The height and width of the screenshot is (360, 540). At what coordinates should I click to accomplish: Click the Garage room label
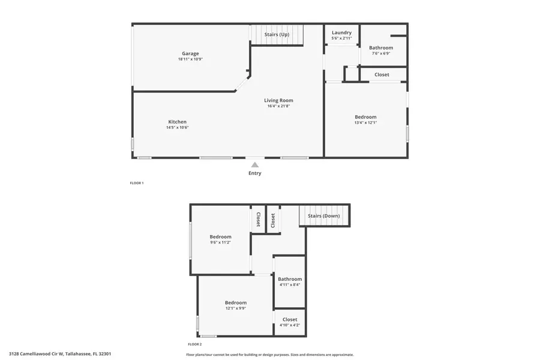click(190, 53)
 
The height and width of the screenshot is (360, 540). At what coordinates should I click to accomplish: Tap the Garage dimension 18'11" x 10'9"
click(190, 59)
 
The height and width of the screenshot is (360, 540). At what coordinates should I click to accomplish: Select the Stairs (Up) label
click(277, 35)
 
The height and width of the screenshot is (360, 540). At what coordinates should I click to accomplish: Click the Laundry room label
click(341, 32)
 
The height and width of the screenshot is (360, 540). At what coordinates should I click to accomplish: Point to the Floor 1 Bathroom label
click(381, 47)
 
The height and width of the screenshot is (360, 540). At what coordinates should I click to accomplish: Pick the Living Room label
click(278, 100)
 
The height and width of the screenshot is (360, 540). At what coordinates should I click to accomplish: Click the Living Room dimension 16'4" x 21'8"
click(278, 106)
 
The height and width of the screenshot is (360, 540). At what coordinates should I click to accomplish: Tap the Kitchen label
click(177, 122)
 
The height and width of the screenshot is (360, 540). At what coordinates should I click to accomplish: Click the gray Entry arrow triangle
click(255, 164)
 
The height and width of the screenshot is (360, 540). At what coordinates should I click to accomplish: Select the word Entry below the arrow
click(255, 173)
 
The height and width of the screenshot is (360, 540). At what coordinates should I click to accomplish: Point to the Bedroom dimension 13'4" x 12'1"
click(365, 123)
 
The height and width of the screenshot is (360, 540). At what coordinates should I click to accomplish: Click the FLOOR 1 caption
click(137, 183)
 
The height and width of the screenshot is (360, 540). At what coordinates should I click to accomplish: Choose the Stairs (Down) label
click(324, 215)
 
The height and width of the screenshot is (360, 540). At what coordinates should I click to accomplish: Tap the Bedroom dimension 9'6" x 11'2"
click(220, 242)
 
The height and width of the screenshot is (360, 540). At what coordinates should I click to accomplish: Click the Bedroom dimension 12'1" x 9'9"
click(236, 308)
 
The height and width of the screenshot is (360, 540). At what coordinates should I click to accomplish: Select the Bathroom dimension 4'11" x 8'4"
click(290, 285)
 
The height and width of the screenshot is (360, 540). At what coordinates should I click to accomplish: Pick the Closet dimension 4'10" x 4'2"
click(290, 325)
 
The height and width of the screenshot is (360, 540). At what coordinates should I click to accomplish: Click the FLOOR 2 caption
click(195, 344)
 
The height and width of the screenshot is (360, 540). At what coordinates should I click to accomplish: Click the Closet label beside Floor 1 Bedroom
click(382, 74)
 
